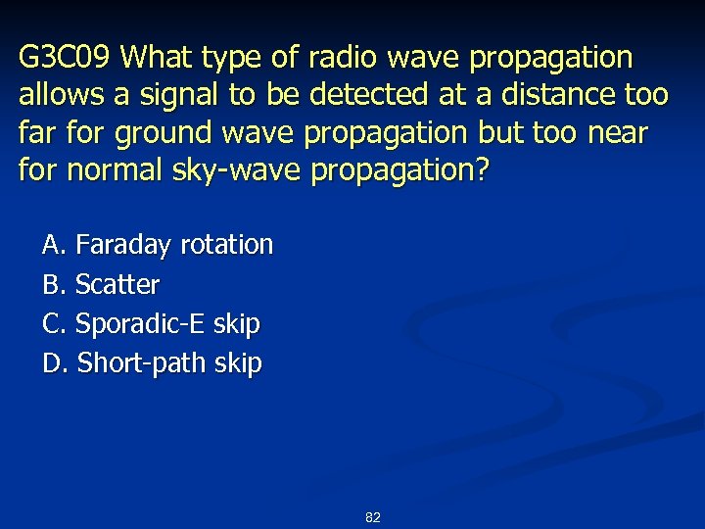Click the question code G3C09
point(67,58)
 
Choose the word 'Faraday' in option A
point(124,244)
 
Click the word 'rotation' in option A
point(227,244)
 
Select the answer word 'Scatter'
point(117,284)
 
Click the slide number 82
point(372,516)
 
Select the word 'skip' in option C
point(237,323)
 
